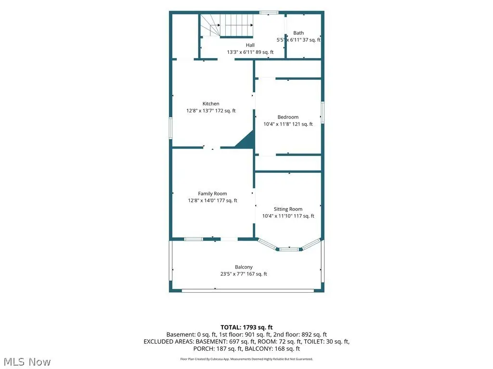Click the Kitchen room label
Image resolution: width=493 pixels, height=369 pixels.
211,104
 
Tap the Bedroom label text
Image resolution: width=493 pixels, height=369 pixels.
288,117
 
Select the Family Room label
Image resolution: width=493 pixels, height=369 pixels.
212,194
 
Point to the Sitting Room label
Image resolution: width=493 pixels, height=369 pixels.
288,209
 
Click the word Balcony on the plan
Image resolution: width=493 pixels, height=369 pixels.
244,267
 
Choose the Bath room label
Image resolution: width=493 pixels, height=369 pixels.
298,33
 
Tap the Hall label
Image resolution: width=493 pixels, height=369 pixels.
250,45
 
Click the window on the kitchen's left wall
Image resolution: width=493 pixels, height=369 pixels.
171,128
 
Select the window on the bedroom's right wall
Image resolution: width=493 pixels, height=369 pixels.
322,112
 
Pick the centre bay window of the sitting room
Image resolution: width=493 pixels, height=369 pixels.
289,249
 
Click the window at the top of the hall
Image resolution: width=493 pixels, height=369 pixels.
269,12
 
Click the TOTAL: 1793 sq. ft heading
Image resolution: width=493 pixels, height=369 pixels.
246,328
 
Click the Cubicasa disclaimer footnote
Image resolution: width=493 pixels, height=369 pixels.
246,359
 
